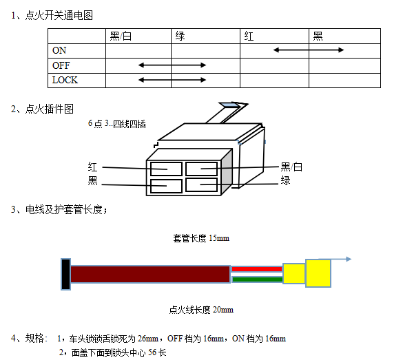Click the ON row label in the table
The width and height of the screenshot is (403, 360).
(x=59, y=50)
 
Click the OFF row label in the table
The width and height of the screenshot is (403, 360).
(x=61, y=65)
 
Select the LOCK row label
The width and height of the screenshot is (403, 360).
(x=65, y=80)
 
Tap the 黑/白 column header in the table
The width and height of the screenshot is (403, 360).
(x=121, y=36)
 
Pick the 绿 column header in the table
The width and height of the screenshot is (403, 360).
(x=180, y=36)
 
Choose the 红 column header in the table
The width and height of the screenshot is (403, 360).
(x=249, y=36)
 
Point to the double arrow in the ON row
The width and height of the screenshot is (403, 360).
(x=309, y=50)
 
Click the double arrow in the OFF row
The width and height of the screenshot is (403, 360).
(x=172, y=65)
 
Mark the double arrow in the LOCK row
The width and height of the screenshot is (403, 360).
(x=172, y=80)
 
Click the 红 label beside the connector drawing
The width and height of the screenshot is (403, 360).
(x=92, y=167)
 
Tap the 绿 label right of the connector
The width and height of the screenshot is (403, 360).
(x=285, y=180)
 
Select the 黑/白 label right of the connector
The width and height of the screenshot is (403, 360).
(x=291, y=167)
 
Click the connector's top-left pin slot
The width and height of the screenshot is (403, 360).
(x=166, y=169)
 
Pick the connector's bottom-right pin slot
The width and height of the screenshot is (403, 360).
(x=201, y=185)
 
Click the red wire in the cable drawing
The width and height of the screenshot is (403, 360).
(x=257, y=269)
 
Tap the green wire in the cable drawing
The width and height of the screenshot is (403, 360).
(x=257, y=279)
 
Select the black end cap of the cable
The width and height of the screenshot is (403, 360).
(x=65, y=274)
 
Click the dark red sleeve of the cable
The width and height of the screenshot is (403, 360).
(x=150, y=274)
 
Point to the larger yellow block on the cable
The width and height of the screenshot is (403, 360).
(x=318, y=273)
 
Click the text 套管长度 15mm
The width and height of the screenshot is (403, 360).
(x=201, y=238)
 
